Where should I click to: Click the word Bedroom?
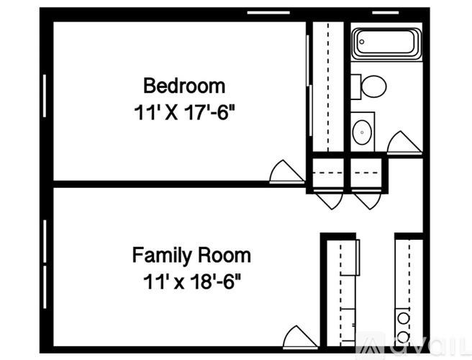point(184,86)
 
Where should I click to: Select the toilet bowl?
point(373,86)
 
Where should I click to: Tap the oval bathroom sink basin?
point(361,131)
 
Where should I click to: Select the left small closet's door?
point(330,199)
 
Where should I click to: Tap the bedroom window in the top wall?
point(263,12)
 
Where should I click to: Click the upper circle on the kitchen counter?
point(404,317)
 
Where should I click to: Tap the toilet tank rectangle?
point(357,86)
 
